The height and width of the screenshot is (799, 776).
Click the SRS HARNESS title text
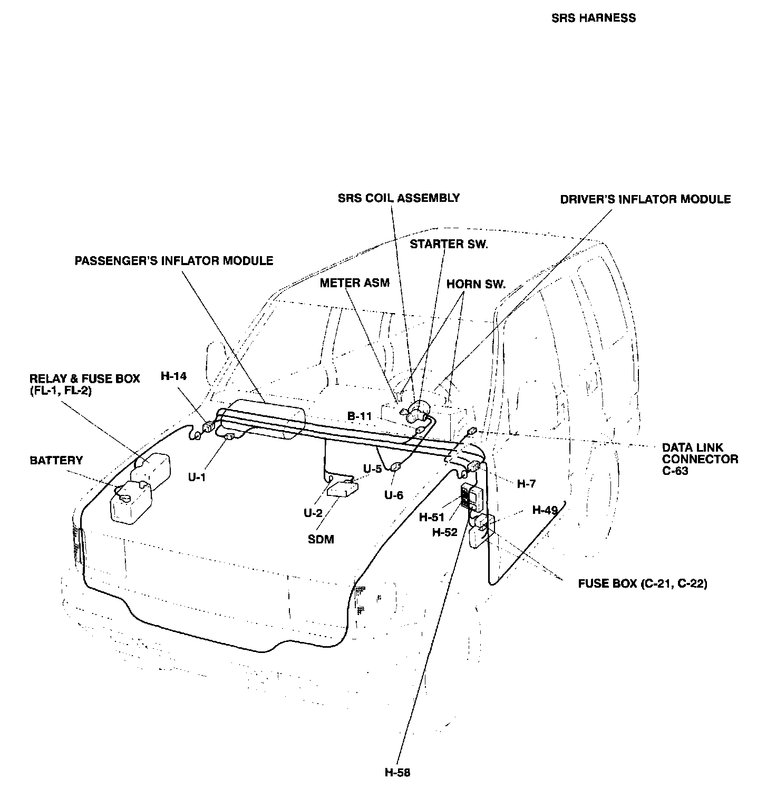tap(593, 18)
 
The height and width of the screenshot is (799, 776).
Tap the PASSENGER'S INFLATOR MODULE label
tap(174, 261)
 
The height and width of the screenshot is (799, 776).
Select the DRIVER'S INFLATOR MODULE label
tap(645, 199)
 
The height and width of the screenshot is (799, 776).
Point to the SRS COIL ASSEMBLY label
tap(399, 198)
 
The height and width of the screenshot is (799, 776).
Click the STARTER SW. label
tap(449, 244)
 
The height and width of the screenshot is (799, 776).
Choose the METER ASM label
tap(354, 283)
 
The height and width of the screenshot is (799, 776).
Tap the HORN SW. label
tap(476, 284)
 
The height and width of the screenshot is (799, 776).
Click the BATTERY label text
tap(56, 460)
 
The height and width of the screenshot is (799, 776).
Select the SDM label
tap(321, 539)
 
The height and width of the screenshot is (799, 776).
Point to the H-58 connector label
tap(397, 773)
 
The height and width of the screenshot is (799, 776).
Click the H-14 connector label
tap(174, 376)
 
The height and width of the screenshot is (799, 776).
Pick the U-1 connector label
tap(197, 477)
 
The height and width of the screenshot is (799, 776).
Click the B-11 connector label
tap(359, 416)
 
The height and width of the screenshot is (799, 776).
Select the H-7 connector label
tap(526, 483)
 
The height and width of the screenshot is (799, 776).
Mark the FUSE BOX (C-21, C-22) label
tap(643, 583)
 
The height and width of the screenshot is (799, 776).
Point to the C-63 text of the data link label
tap(675, 471)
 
